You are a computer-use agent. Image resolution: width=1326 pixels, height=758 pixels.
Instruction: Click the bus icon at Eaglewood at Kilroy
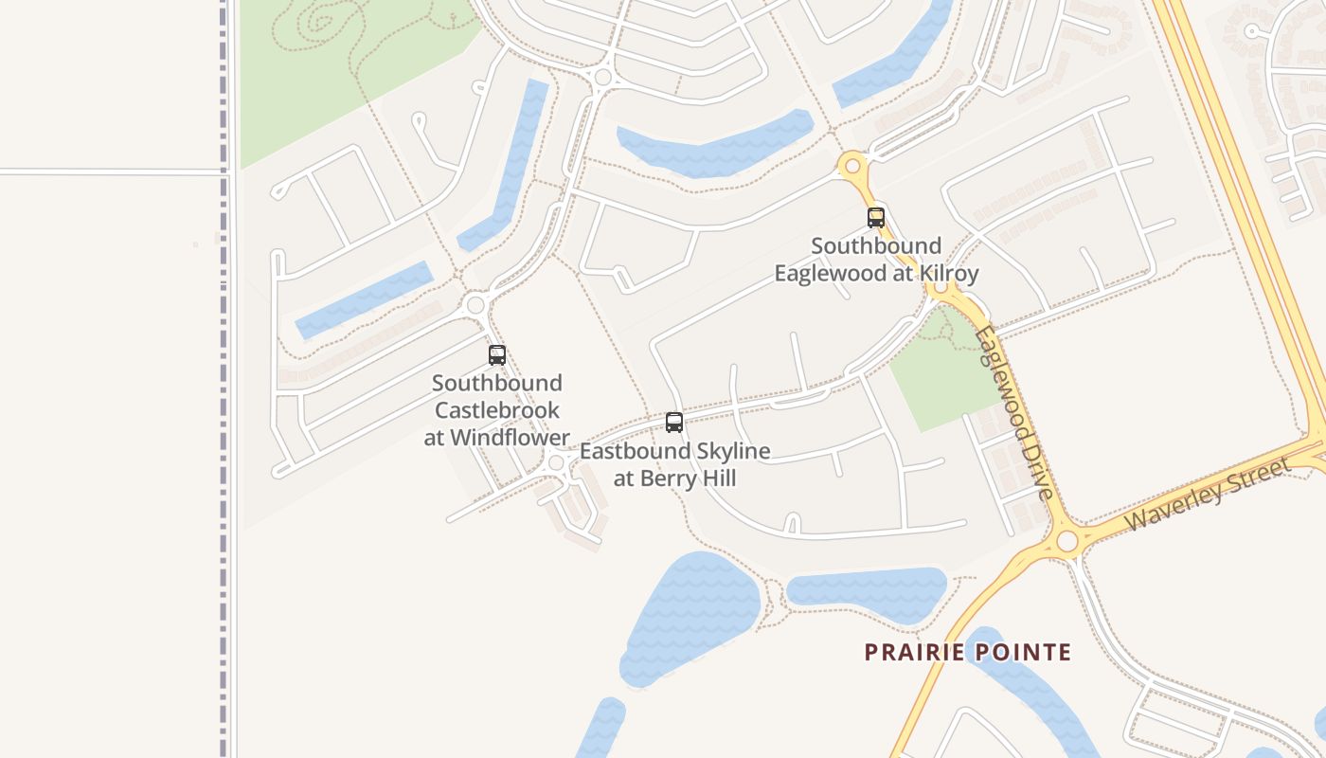pyautogui.click(x=876, y=217)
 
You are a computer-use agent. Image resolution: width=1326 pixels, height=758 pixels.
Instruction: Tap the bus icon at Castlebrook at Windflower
pyautogui.click(x=497, y=355)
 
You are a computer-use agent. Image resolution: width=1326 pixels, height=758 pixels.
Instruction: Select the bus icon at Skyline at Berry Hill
pyautogui.click(x=674, y=423)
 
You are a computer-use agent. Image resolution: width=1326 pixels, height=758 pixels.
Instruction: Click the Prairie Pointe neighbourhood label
pyautogui.click(x=967, y=652)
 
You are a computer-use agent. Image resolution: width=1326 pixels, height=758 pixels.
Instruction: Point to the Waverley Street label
pyautogui.click(x=1209, y=494)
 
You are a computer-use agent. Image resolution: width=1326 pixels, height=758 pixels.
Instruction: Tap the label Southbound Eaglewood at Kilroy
pyautogui.click(x=876, y=260)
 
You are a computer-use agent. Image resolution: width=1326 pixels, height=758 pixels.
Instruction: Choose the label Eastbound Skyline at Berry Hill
pyautogui.click(x=674, y=464)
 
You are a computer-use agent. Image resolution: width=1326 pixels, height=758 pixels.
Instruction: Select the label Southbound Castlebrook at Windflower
pyautogui.click(x=497, y=410)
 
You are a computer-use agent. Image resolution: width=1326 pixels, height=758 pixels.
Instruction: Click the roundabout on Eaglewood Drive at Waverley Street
pyautogui.click(x=1067, y=541)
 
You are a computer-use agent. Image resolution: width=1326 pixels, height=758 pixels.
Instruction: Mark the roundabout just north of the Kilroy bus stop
pyautogui.click(x=852, y=167)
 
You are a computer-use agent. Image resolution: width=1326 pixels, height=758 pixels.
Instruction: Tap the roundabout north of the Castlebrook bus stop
pyautogui.click(x=475, y=305)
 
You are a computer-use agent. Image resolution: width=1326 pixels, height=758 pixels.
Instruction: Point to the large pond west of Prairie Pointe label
pyautogui.click(x=689, y=616)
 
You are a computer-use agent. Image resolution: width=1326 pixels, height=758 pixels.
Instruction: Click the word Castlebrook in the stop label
pyautogui.click(x=497, y=410)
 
